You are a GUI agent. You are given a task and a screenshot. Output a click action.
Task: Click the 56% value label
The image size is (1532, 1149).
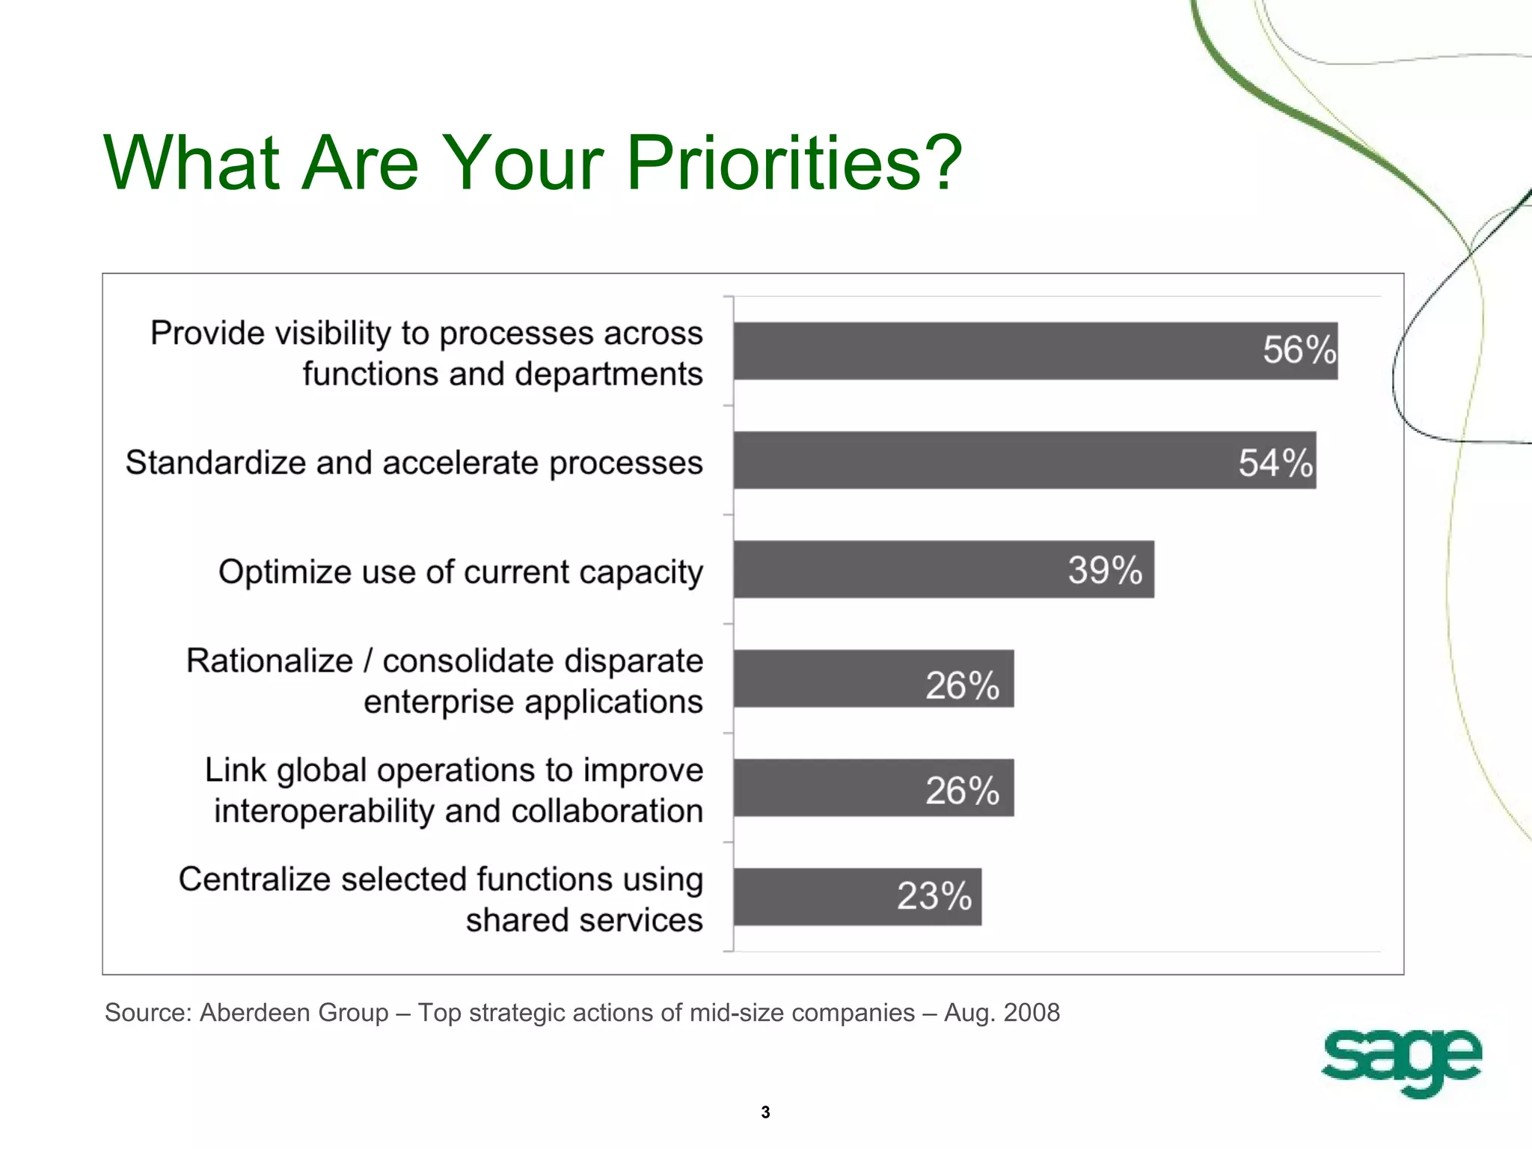[x=1299, y=350]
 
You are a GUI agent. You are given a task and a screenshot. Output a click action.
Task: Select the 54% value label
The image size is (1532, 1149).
[x=1275, y=462]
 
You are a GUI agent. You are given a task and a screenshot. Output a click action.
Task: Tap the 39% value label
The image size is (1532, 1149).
[x=1104, y=570]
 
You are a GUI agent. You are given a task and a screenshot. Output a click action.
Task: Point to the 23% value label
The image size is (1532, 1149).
[x=934, y=896]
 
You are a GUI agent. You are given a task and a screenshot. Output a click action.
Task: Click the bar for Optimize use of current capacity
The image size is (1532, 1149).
[x=898, y=570]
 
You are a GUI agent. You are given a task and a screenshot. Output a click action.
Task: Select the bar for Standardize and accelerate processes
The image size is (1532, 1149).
[x=972, y=461]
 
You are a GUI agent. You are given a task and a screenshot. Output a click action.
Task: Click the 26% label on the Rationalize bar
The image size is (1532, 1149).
[x=962, y=685]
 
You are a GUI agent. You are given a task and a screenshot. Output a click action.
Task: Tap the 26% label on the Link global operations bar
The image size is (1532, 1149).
[x=962, y=791]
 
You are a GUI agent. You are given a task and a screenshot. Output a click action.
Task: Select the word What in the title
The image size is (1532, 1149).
[x=191, y=162]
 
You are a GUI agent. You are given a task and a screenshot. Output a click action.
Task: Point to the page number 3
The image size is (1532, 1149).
[x=765, y=1112]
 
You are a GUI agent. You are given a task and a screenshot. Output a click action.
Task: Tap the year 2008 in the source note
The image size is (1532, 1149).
[x=1032, y=1012]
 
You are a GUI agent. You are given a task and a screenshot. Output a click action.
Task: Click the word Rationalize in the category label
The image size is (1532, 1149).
[x=269, y=661]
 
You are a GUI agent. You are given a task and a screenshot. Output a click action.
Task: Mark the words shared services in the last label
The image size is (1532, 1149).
[x=584, y=920]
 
